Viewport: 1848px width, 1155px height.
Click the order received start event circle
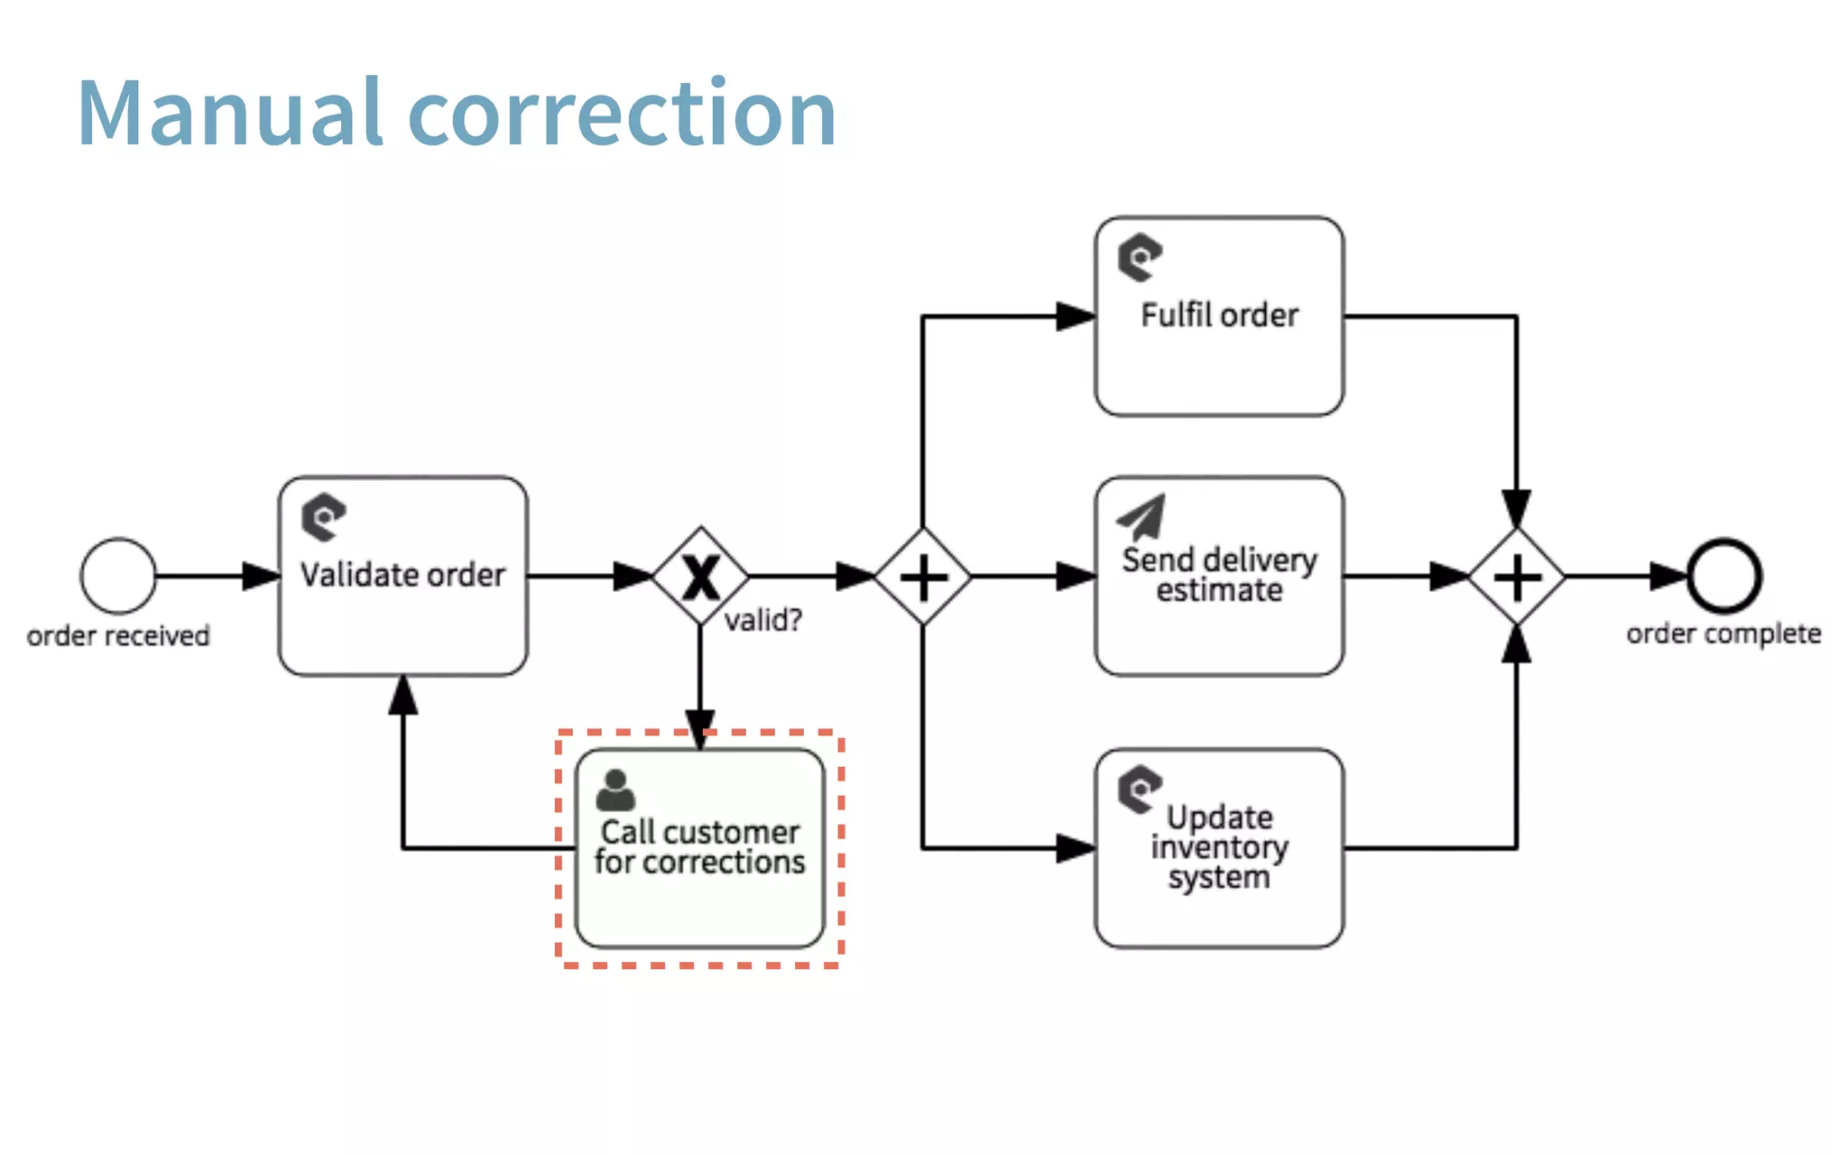118,576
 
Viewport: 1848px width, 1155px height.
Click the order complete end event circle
1724,576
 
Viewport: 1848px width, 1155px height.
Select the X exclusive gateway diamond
700,576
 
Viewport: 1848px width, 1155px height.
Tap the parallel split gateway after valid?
923,577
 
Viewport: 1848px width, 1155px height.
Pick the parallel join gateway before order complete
1517,577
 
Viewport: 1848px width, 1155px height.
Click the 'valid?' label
763,620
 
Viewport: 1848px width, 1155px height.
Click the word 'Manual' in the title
231,114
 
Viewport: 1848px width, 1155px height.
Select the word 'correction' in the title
623,114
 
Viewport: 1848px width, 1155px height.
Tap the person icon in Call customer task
615,790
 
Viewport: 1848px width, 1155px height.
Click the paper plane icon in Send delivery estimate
1141,516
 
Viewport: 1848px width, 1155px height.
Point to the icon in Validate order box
323,517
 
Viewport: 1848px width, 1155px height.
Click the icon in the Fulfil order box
1140,257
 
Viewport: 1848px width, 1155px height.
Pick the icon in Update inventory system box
1140,789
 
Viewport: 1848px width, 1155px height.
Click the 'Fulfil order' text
1219,315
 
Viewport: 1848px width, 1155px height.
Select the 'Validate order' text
402,575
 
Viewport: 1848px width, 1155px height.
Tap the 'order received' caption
118,636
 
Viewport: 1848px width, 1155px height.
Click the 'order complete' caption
1723,634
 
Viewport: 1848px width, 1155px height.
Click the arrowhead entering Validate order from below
402,695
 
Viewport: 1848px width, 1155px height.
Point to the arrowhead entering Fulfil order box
1075,317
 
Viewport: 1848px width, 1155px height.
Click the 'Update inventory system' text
1219,846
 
